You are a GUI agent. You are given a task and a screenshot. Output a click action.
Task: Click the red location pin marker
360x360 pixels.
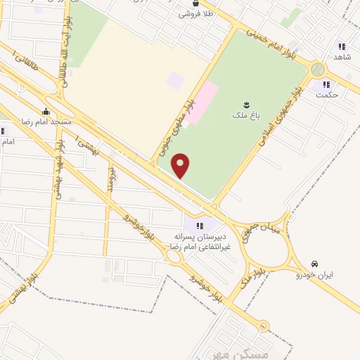pyautogui.click(x=181, y=165)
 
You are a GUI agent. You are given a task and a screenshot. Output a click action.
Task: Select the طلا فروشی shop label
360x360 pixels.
pyautogui.click(x=195, y=13)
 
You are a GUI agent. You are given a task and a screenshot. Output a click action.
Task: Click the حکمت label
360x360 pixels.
pyautogui.click(x=327, y=94)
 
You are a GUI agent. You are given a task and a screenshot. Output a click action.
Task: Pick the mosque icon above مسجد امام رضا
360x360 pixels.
pyautogui.click(x=46, y=111)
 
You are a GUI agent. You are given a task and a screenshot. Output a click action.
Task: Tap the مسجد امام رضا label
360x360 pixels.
pyautogui.click(x=46, y=122)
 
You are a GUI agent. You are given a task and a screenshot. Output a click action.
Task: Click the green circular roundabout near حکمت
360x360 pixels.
pyautogui.click(x=318, y=70)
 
